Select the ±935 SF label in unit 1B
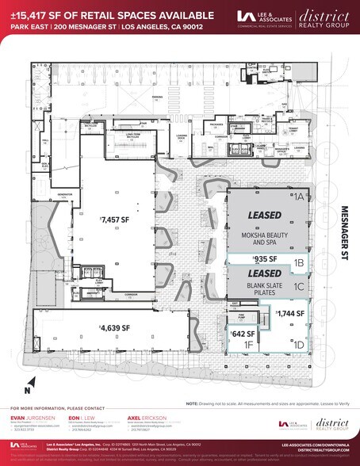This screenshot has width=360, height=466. point(264,259)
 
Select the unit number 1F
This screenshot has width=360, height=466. point(248,345)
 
